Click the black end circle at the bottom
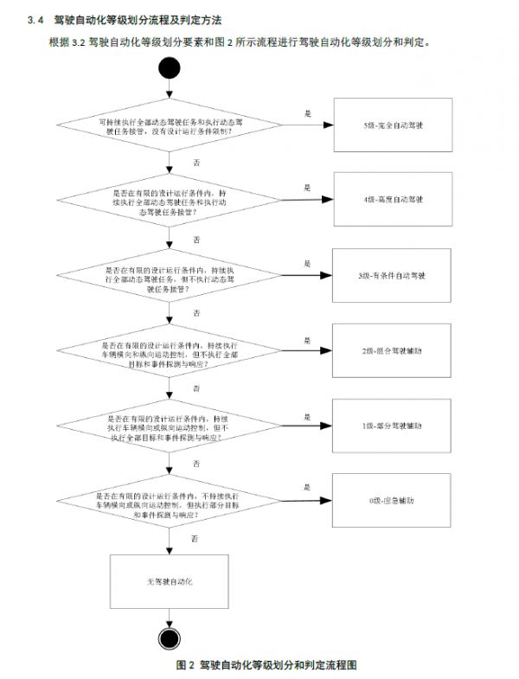(x=170, y=638)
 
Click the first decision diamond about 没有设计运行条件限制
(x=171, y=128)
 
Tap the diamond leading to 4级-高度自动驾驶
(x=171, y=202)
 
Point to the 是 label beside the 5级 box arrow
(x=306, y=113)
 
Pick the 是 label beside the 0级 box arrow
(x=306, y=488)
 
